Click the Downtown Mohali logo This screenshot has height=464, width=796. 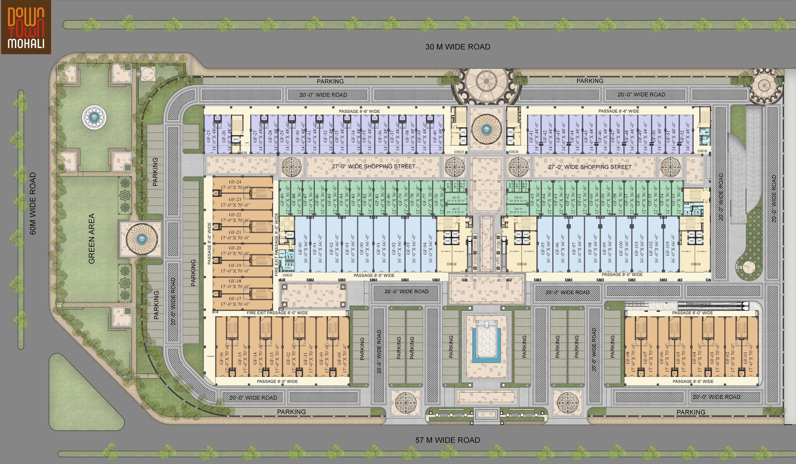pyautogui.click(x=26, y=27)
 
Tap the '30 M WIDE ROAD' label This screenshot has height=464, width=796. pyautogui.click(x=458, y=47)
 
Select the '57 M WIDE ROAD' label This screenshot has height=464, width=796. pyautogui.click(x=447, y=440)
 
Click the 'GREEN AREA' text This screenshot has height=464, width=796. pyautogui.click(x=92, y=239)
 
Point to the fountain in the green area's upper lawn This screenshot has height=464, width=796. pyautogui.click(x=94, y=117)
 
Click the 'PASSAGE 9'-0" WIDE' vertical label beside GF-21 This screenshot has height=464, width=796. pyautogui.click(x=209, y=243)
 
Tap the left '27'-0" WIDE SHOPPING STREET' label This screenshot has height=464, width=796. pyautogui.click(x=373, y=167)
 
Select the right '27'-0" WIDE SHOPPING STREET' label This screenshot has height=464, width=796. pyautogui.click(x=590, y=167)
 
